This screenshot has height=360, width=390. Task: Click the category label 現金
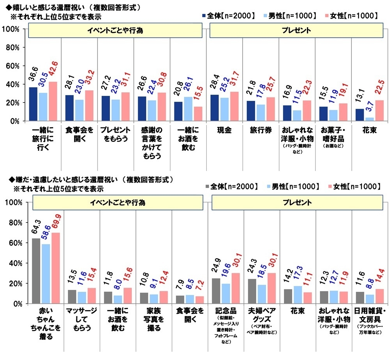(x=225, y=131)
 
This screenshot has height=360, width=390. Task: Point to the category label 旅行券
(x=261, y=131)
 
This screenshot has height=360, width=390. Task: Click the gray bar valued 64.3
(x=36, y=271)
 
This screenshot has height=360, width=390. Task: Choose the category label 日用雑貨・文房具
(x=370, y=315)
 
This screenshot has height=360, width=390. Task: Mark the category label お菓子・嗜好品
(x=334, y=134)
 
